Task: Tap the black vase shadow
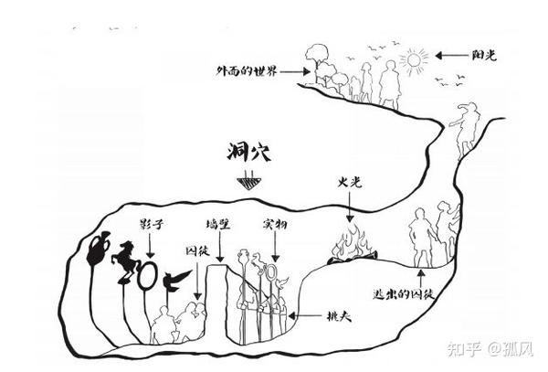tap(96, 250)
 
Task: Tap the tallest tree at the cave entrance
tap(317, 57)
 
